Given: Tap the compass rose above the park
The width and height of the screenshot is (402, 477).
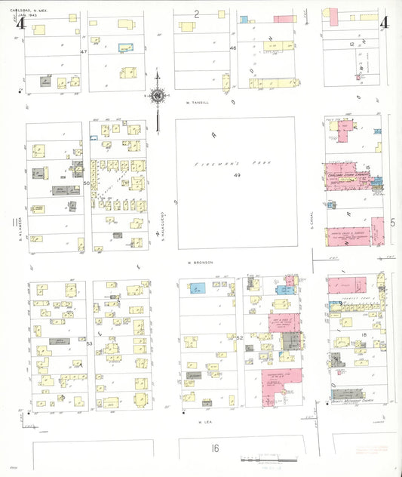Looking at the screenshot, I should (158, 97).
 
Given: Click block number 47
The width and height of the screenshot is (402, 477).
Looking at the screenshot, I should (84, 51).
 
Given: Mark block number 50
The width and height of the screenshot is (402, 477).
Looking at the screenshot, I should (87, 183).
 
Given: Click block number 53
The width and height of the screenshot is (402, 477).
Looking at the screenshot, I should (88, 343).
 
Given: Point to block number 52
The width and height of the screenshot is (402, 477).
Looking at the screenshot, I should (239, 337).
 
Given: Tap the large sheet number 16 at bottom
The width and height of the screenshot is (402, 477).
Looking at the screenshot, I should (215, 448).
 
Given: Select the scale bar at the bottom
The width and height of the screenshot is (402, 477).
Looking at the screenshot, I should (260, 458).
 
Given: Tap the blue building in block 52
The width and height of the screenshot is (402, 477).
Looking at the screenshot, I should (198, 288).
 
